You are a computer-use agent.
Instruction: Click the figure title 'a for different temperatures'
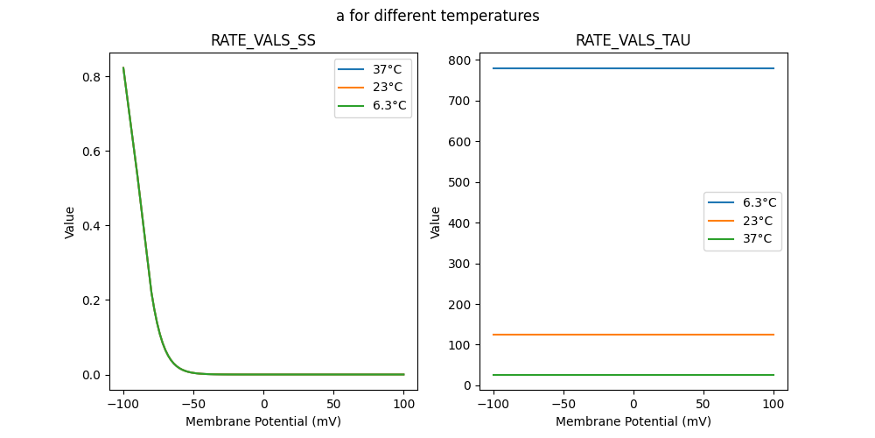click(437, 16)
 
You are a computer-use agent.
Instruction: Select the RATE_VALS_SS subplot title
click(263, 40)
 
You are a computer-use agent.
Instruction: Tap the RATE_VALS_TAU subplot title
click(633, 40)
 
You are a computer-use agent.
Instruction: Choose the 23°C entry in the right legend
click(758, 221)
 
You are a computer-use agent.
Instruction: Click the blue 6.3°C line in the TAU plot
click(633, 68)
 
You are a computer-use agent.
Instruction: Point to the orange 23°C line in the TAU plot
click(633, 335)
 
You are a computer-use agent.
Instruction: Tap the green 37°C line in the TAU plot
click(633, 375)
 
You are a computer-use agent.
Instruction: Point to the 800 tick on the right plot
click(457, 60)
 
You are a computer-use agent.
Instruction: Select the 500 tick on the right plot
click(457, 182)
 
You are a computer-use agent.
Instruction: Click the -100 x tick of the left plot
click(123, 404)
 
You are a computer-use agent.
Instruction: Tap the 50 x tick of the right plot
click(703, 404)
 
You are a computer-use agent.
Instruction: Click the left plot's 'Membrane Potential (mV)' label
click(263, 421)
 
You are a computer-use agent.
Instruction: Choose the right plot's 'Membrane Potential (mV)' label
click(633, 421)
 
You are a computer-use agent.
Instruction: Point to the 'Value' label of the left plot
click(70, 223)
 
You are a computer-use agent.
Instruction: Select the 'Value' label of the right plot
click(436, 223)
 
